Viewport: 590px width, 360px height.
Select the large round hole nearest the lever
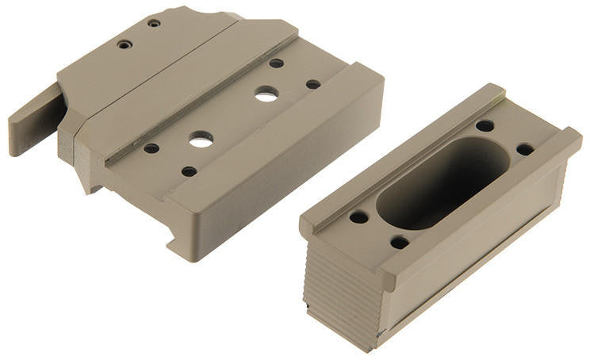coord(201,139)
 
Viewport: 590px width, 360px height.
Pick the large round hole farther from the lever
coord(266,94)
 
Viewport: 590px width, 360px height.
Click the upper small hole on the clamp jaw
coord(154,23)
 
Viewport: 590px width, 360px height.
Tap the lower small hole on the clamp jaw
coord(125,44)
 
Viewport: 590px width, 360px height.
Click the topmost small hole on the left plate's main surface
coord(276,63)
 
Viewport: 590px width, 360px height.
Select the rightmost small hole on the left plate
coord(313,84)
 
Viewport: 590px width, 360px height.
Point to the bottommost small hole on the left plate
coord(189,170)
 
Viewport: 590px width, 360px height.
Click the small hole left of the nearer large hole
coord(151,148)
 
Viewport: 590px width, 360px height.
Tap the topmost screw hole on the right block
coord(485,125)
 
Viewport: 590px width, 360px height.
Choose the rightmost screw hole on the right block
coord(524,149)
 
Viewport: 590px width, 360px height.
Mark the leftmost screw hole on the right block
coord(358,216)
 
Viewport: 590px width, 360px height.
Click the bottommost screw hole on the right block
coord(400,242)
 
